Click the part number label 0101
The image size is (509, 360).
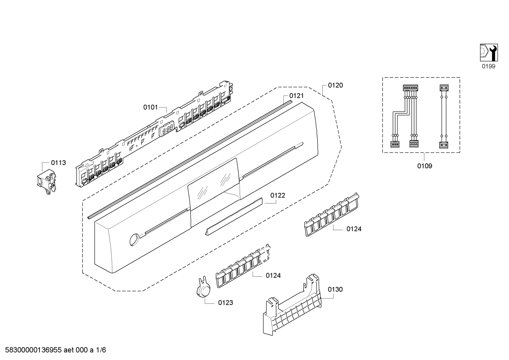pos(150,107)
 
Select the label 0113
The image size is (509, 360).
pos(58,163)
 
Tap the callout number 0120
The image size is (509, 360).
pos(335,85)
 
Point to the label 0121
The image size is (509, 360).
pos(297,96)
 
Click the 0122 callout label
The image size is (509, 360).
pos(278,195)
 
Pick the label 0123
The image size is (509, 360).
pos(226,303)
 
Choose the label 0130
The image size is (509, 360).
pos(335,289)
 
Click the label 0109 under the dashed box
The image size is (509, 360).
pos(425,166)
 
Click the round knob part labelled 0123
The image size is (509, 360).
pos(203,289)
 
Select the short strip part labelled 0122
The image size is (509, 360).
pos(234,216)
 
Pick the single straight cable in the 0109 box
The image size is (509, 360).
pos(443,117)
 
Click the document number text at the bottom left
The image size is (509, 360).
pos(53,350)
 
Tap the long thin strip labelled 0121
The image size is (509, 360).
pos(187,159)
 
